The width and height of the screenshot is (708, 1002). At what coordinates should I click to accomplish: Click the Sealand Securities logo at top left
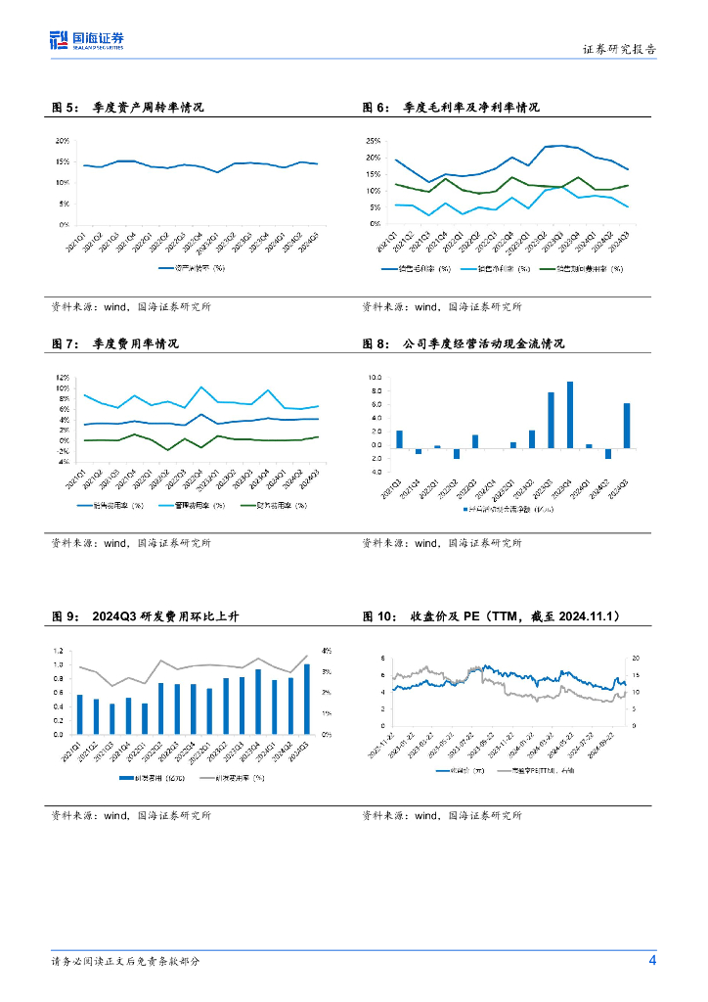[87, 41]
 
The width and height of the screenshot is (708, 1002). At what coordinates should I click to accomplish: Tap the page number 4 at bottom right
[652, 960]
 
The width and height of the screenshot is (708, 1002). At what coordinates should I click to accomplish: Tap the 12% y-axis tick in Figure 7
[62, 378]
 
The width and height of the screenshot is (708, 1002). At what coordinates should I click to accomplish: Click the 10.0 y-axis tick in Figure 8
[374, 377]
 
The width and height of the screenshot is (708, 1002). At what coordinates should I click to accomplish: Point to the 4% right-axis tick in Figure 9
[327, 651]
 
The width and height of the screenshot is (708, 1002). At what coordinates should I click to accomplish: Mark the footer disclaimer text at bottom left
[126, 961]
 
